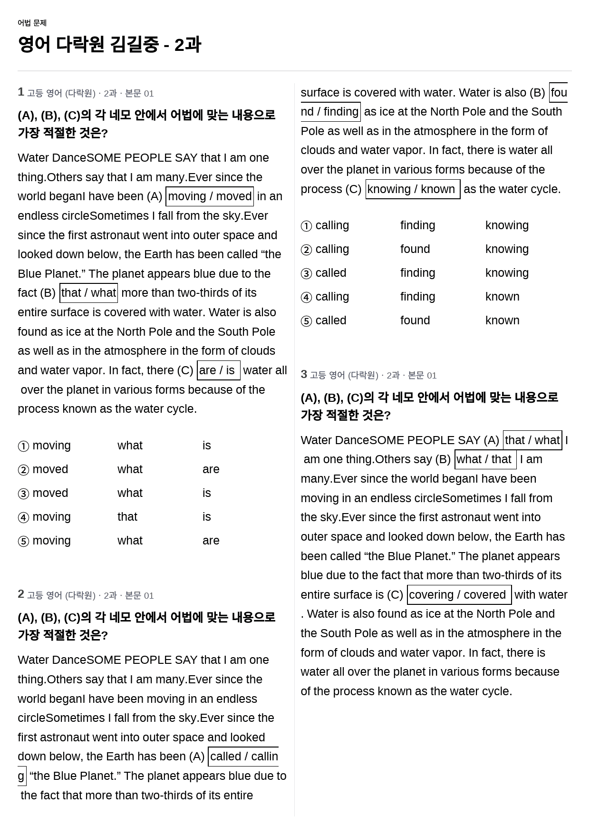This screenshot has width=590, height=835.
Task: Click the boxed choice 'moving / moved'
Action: tap(210, 196)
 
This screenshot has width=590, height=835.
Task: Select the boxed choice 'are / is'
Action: tap(218, 370)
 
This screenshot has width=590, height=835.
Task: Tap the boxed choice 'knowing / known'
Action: tap(412, 189)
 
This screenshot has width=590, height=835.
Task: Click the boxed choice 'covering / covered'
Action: tap(459, 595)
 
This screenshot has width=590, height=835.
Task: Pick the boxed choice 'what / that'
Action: tap(485, 459)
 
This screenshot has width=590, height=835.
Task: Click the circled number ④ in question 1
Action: tap(23, 517)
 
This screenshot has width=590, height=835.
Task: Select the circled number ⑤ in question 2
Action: tap(306, 321)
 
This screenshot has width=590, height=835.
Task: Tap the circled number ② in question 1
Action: tap(23, 470)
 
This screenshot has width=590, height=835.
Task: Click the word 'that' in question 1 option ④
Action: tap(127, 517)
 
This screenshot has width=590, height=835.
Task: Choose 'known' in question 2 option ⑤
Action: tap(502, 320)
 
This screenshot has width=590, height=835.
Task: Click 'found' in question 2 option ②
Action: tap(415, 249)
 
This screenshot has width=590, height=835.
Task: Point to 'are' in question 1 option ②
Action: tap(211, 469)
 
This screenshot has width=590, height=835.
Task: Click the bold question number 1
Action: tap(21, 92)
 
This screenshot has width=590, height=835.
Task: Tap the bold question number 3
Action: tap(304, 374)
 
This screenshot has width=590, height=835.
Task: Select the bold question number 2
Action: tap(21, 594)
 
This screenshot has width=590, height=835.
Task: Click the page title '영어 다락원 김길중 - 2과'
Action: tap(109, 45)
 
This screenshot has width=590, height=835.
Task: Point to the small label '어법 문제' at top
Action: tap(32, 23)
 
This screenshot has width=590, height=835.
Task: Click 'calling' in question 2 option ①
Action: tap(332, 225)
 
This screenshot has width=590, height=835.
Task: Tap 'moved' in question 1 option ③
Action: tap(50, 493)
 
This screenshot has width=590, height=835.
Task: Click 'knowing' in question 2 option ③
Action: tap(507, 273)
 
